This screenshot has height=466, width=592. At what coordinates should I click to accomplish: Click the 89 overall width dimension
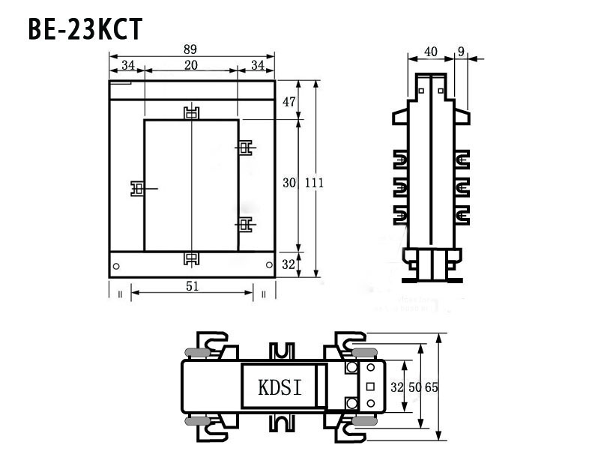point(192,49)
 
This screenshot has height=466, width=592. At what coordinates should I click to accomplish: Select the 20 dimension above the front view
point(191,65)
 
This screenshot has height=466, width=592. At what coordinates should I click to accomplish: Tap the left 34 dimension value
point(127,65)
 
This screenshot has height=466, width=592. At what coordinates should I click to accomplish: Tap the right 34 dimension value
point(256,65)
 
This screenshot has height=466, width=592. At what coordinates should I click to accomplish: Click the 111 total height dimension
point(315,183)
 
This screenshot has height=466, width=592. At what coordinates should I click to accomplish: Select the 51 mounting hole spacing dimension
point(192,285)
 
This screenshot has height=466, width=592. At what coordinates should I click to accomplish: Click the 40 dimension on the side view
point(430,52)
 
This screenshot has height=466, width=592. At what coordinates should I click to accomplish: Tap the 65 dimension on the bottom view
point(431,387)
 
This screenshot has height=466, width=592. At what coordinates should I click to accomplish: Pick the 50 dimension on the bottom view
point(414,387)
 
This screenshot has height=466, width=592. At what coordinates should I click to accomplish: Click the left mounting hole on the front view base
point(116,265)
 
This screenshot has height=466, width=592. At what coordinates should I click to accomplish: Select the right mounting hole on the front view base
point(268,265)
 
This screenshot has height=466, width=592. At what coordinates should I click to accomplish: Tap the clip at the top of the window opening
point(192,114)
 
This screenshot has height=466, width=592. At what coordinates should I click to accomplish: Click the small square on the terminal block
point(370,387)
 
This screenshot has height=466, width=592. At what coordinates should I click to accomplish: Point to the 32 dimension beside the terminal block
point(398,387)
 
